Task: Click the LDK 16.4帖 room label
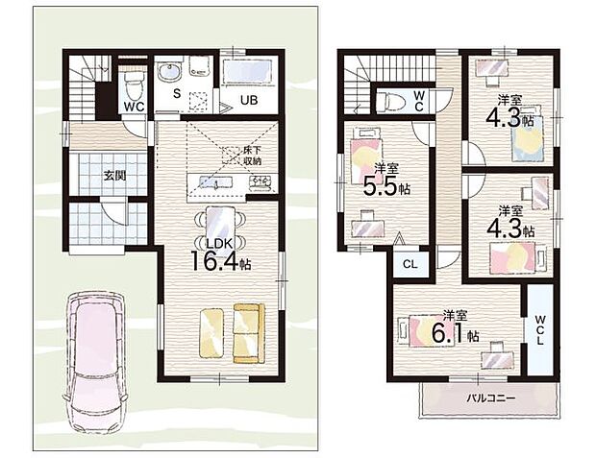click(220, 255)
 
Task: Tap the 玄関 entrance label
click(114, 176)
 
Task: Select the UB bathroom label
click(249, 100)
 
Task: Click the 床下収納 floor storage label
click(253, 155)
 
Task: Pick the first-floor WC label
click(135, 107)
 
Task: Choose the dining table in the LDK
click(220, 226)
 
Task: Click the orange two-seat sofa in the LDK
click(249, 333)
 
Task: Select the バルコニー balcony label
click(490, 398)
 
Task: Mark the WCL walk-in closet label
click(539, 329)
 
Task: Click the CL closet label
click(410, 264)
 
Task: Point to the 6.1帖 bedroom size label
click(455, 334)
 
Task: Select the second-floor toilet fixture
click(390, 101)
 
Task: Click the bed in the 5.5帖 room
click(365, 156)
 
